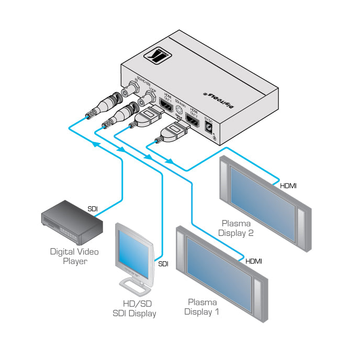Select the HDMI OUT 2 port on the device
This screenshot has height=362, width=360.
point(193,122)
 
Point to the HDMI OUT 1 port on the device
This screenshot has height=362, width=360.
point(166,106)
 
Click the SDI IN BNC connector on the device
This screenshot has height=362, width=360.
point(126,92)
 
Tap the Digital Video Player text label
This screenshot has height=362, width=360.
point(74,256)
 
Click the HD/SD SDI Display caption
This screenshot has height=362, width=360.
point(134,309)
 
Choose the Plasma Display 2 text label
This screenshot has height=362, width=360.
point(236,229)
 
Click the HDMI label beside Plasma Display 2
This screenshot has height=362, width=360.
point(289,185)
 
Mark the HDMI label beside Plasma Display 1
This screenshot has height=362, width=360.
point(254,261)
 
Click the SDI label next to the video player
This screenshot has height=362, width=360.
point(93,209)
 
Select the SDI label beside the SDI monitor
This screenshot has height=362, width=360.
point(163,264)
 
